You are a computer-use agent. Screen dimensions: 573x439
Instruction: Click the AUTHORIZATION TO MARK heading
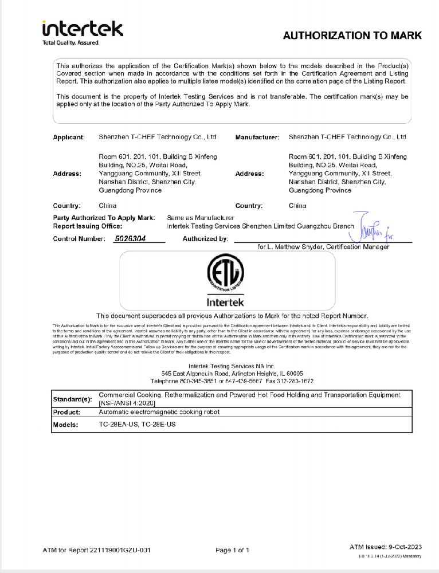tap(352, 36)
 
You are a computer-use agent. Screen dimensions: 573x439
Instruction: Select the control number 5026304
tap(130, 239)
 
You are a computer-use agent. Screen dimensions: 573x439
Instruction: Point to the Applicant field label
tap(69, 138)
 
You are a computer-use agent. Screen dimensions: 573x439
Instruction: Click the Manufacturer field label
tap(257, 138)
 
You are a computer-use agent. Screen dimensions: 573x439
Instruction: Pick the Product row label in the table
tap(66, 412)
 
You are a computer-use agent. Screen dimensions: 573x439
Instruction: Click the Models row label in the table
tap(66, 425)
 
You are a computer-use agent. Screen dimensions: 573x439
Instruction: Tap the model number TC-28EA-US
tap(119, 425)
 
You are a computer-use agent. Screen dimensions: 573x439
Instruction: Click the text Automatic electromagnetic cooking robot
tap(159, 412)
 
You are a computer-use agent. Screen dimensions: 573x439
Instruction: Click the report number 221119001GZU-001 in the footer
tap(120, 550)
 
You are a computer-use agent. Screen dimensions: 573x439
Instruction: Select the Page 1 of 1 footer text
tap(232, 550)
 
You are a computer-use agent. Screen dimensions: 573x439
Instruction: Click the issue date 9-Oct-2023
tap(403, 547)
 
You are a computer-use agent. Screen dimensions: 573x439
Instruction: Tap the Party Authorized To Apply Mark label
tap(104, 218)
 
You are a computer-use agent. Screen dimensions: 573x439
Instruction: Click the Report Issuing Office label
tap(88, 226)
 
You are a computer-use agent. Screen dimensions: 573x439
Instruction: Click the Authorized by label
tap(206, 239)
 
